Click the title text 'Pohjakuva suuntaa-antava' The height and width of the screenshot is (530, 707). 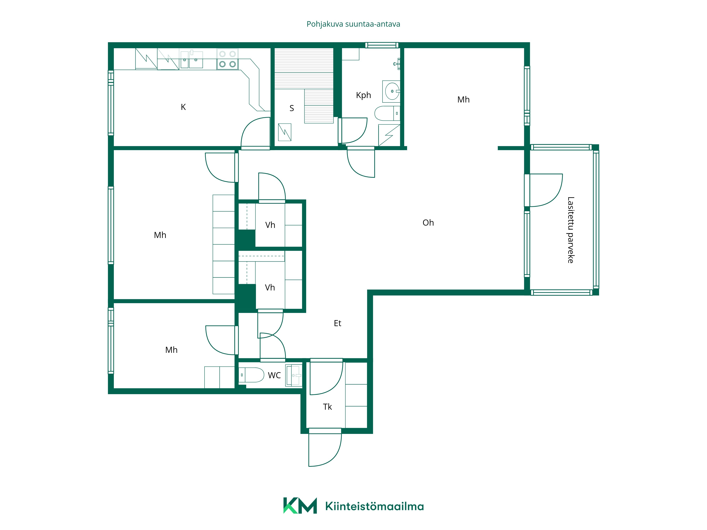(x=353, y=24)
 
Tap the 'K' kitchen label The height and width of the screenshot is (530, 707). (x=183, y=107)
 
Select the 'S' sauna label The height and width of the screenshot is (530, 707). (x=291, y=108)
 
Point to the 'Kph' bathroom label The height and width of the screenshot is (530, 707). (x=363, y=95)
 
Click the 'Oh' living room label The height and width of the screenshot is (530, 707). (x=428, y=223)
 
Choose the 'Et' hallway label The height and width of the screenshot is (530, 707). (x=338, y=323)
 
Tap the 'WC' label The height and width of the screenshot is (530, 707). (x=274, y=375)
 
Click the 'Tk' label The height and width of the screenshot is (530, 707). (x=327, y=407)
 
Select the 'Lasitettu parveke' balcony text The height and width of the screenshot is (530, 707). (x=571, y=230)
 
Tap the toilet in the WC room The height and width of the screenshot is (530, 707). (x=252, y=375)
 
